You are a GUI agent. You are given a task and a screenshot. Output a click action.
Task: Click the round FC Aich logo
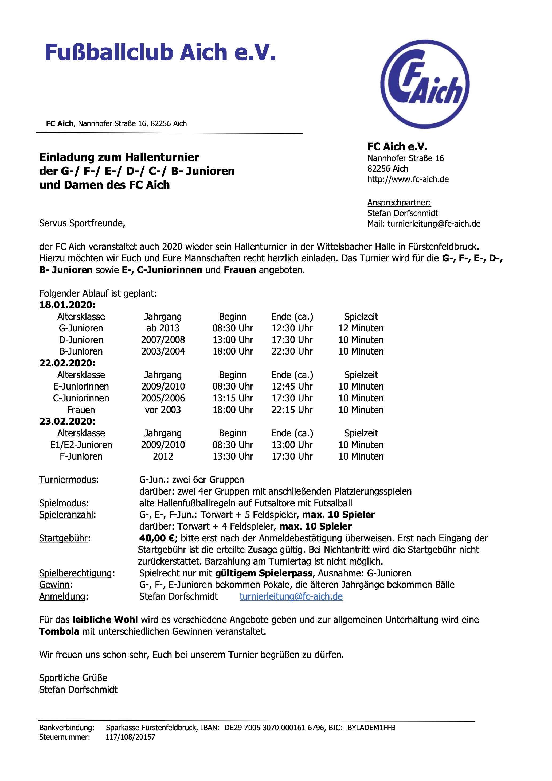point(425,84)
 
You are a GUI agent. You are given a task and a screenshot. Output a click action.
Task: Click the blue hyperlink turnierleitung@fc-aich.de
point(291,596)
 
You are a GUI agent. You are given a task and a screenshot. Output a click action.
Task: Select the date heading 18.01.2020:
point(67,305)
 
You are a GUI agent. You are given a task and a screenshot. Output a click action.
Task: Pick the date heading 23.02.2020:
point(67,421)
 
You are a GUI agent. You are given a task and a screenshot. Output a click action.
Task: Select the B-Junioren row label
point(81,351)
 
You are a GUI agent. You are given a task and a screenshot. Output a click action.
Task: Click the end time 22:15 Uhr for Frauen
point(292,410)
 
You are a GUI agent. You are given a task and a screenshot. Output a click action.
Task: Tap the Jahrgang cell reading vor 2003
point(163,410)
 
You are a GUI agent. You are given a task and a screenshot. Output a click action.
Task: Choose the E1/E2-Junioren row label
point(81,445)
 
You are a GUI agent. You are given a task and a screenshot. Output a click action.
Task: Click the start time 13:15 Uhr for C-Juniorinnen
point(233,398)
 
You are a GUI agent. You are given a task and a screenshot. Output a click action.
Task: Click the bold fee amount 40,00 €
point(157,538)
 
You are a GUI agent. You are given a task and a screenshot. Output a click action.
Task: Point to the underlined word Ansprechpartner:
point(399,203)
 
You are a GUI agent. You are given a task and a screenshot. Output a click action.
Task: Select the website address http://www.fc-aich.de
point(408,179)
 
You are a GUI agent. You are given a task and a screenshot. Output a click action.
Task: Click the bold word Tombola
point(59,631)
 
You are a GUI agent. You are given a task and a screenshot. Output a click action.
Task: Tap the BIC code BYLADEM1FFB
point(371,728)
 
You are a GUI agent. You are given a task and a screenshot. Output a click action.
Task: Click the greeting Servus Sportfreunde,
point(82,223)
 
